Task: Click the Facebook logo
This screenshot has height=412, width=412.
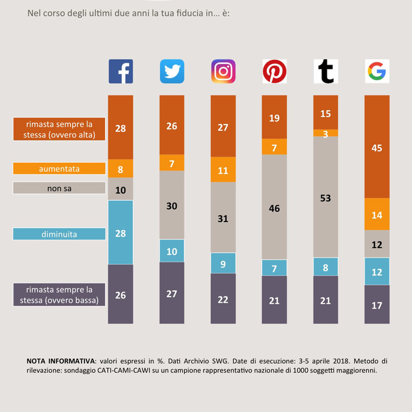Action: click(x=121, y=71)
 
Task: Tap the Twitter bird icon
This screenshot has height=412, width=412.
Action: click(x=171, y=71)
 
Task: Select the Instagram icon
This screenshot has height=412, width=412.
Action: click(x=223, y=71)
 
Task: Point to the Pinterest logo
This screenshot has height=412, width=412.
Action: click(x=274, y=71)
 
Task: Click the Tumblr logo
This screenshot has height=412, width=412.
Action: click(x=325, y=71)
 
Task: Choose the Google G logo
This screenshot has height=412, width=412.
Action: click(x=377, y=71)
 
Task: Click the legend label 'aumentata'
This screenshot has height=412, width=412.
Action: click(x=59, y=168)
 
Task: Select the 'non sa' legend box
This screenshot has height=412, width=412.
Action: click(x=59, y=188)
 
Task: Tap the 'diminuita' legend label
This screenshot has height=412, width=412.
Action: click(x=59, y=234)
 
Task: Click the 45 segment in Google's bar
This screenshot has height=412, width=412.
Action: click(x=377, y=147)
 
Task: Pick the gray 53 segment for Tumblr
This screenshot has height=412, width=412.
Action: click(x=325, y=197)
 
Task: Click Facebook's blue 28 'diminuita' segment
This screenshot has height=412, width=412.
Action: click(x=121, y=232)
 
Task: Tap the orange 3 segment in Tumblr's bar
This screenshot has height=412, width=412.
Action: click(x=325, y=133)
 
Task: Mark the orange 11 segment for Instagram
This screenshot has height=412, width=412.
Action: click(x=223, y=170)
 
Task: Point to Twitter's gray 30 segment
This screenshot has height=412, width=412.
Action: click(x=171, y=205)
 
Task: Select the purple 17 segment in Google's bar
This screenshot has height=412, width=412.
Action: click(x=377, y=304)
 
